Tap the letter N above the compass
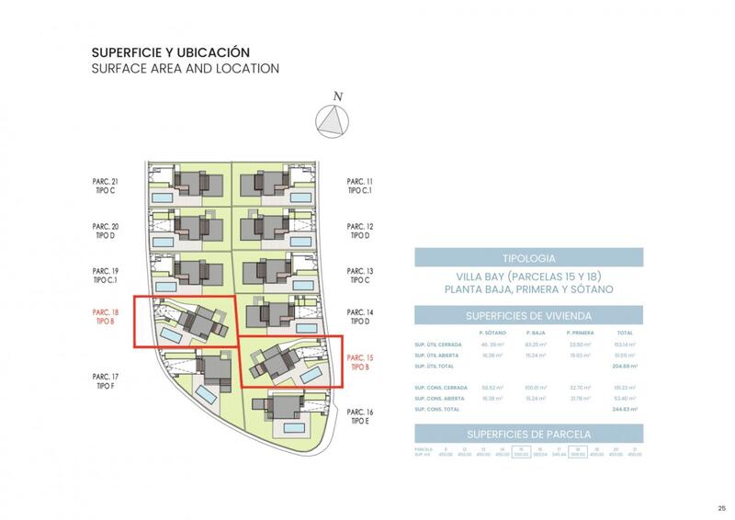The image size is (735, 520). click(338, 96)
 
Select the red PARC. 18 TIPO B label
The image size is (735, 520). click(107, 316)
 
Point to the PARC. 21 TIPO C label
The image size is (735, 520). click(107, 186)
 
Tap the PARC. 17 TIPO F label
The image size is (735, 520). click(107, 381)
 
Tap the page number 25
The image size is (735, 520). click(721, 508)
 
